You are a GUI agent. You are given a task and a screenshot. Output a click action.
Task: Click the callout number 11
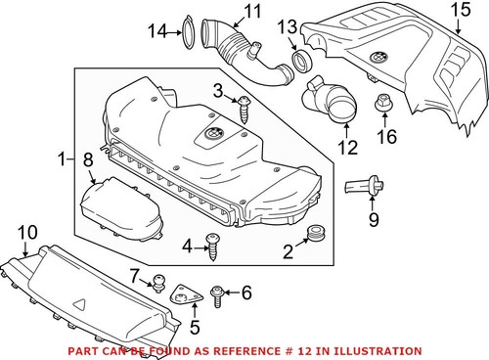click(x=253, y=12)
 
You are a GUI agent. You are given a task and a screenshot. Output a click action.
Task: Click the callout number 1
click(x=62, y=157)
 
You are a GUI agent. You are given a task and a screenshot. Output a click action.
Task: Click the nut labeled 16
click(x=383, y=101)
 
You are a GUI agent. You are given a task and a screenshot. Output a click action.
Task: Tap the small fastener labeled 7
click(x=155, y=285)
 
